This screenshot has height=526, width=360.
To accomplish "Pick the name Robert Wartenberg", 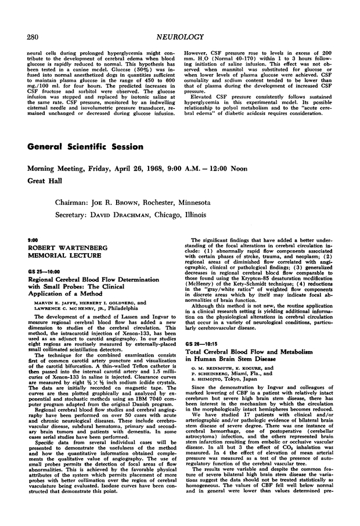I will pyautogui.click(x=62, y=247).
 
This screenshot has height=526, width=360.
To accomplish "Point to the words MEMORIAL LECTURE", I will pyautogui.click(x=63, y=255).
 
